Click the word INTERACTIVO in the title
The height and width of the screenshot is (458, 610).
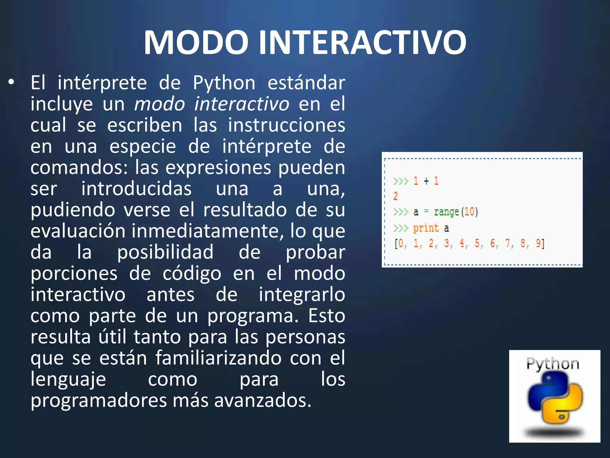click(x=362, y=42)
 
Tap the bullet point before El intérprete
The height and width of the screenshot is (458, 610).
click(x=11, y=83)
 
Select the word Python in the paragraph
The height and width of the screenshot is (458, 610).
click(x=224, y=83)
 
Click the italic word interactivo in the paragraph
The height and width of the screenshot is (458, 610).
click(x=241, y=104)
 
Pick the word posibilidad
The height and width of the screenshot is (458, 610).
click(x=165, y=252)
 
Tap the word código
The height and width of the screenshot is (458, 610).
click(x=192, y=274)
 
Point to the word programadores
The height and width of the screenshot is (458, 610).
click(x=98, y=401)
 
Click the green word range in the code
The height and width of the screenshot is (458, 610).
click(x=446, y=212)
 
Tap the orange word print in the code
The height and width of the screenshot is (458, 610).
click(x=426, y=228)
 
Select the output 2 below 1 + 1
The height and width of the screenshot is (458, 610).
click(x=395, y=196)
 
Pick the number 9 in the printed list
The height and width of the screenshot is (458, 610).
click(x=538, y=244)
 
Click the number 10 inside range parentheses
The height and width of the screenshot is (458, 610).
click(x=469, y=212)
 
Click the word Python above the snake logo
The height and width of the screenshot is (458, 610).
click(x=553, y=364)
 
